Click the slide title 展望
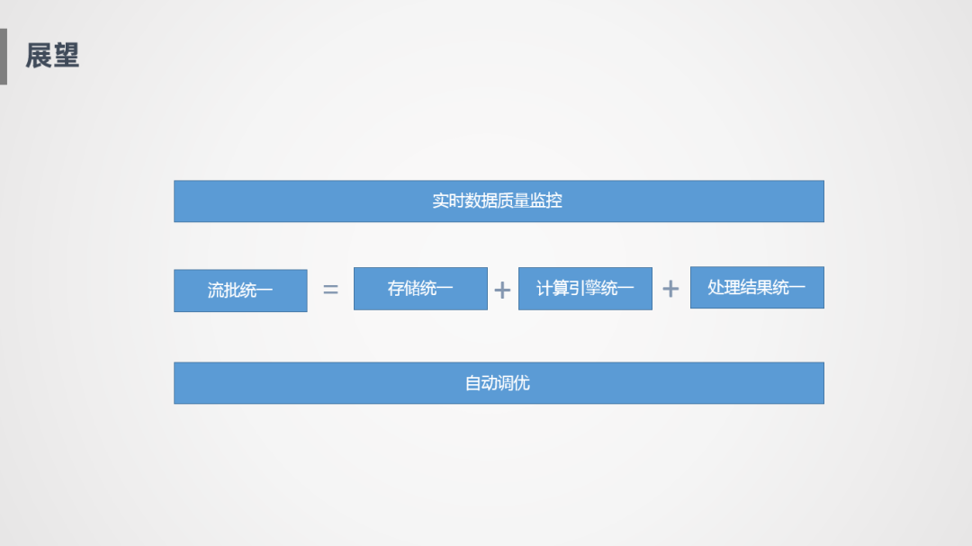(x=52, y=56)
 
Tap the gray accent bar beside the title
(x=3, y=56)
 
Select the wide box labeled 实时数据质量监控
(x=499, y=201)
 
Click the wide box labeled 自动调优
(x=499, y=383)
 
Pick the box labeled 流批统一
(x=240, y=291)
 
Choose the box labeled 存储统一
(x=420, y=289)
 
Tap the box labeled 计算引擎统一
(x=585, y=289)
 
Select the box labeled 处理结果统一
(x=757, y=288)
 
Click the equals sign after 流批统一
(x=330, y=290)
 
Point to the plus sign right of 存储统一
(x=502, y=290)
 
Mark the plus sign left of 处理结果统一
(x=670, y=289)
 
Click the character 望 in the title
(x=66, y=56)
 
